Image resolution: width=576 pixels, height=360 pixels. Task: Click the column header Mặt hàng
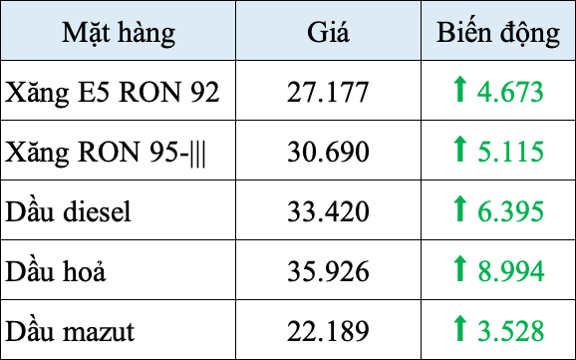pos(119,33)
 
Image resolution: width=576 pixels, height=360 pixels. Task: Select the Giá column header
pos(329,33)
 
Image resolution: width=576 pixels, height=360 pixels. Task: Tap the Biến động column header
pos(498,33)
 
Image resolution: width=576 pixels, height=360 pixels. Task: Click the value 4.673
pos(510,93)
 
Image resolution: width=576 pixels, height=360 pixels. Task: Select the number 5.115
pos(510,152)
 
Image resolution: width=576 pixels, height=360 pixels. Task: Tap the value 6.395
pos(510,210)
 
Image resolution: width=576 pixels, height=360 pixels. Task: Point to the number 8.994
pos(510,269)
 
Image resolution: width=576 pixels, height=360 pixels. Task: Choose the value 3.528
pos(510,328)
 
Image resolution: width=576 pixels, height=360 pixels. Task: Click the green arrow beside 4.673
pos(459,91)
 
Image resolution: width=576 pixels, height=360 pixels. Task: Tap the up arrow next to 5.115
pos(459,150)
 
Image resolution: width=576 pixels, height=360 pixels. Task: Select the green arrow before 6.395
pos(459,208)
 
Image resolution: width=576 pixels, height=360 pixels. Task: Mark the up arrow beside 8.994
pos(459,267)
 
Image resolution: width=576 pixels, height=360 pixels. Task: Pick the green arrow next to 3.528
pos(459,326)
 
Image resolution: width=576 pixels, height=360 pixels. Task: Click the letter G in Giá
pos(316,33)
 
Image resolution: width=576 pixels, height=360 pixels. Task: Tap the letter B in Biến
pos(444,33)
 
